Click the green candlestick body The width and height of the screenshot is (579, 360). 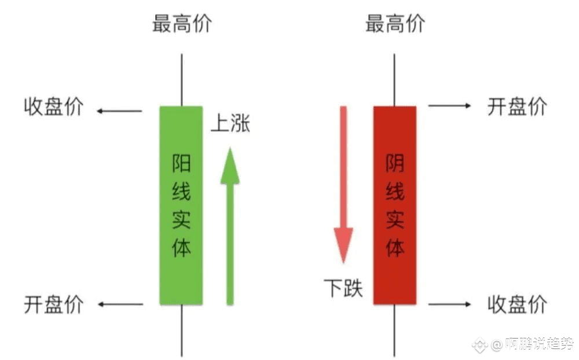[181, 205]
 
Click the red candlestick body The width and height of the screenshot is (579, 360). [395, 205]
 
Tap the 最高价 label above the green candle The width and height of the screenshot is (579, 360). [182, 24]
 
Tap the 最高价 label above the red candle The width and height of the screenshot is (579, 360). [395, 24]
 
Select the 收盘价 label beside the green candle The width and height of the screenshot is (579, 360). [54, 107]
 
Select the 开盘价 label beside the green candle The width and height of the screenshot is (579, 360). [54, 304]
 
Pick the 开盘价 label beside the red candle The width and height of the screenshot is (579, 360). [517, 106]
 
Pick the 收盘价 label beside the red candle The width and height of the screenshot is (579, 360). [517, 304]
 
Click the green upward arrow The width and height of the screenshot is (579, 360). [230, 226]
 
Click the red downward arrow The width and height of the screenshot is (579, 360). [343, 185]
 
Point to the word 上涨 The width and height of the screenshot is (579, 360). [230, 123]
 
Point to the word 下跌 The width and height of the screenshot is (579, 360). [343, 288]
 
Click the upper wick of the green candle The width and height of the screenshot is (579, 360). [181, 80]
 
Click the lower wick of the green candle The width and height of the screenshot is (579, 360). [182, 330]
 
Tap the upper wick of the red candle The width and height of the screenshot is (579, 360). [394, 80]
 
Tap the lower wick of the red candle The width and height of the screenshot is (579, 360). [394, 330]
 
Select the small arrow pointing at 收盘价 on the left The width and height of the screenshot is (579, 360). [119, 111]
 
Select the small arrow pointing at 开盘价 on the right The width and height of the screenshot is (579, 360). [450, 106]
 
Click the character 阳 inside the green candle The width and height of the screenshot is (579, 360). [181, 163]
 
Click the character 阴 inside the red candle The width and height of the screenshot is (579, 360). [395, 163]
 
